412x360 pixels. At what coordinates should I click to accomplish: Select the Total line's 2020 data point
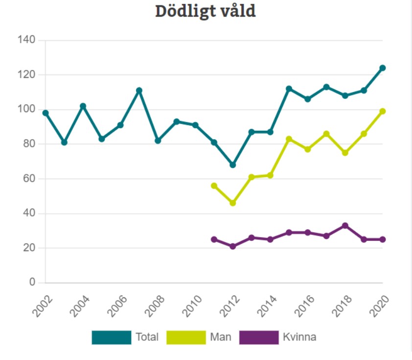tap(383, 68)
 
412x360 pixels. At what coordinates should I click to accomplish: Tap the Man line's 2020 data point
tap(383, 111)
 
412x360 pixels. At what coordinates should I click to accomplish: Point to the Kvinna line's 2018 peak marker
tap(345, 226)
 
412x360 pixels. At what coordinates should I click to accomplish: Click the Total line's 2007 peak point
tap(139, 91)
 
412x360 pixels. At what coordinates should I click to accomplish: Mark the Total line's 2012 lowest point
tap(233, 165)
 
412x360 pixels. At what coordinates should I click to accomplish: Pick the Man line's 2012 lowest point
tap(233, 203)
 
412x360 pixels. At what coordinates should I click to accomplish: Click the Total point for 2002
tap(46, 113)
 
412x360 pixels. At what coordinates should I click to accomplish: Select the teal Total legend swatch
tap(111, 337)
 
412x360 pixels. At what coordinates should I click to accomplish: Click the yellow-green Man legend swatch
tap(186, 337)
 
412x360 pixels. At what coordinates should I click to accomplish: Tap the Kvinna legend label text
tap(299, 337)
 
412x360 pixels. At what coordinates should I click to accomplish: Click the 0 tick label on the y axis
tap(32, 283)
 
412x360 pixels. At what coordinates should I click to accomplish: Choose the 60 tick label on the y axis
tap(29, 179)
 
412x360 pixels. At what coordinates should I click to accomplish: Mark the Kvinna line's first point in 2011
tap(214, 240)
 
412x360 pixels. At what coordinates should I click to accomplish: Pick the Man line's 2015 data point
tap(289, 139)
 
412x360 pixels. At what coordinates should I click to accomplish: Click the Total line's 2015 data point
tap(289, 89)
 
